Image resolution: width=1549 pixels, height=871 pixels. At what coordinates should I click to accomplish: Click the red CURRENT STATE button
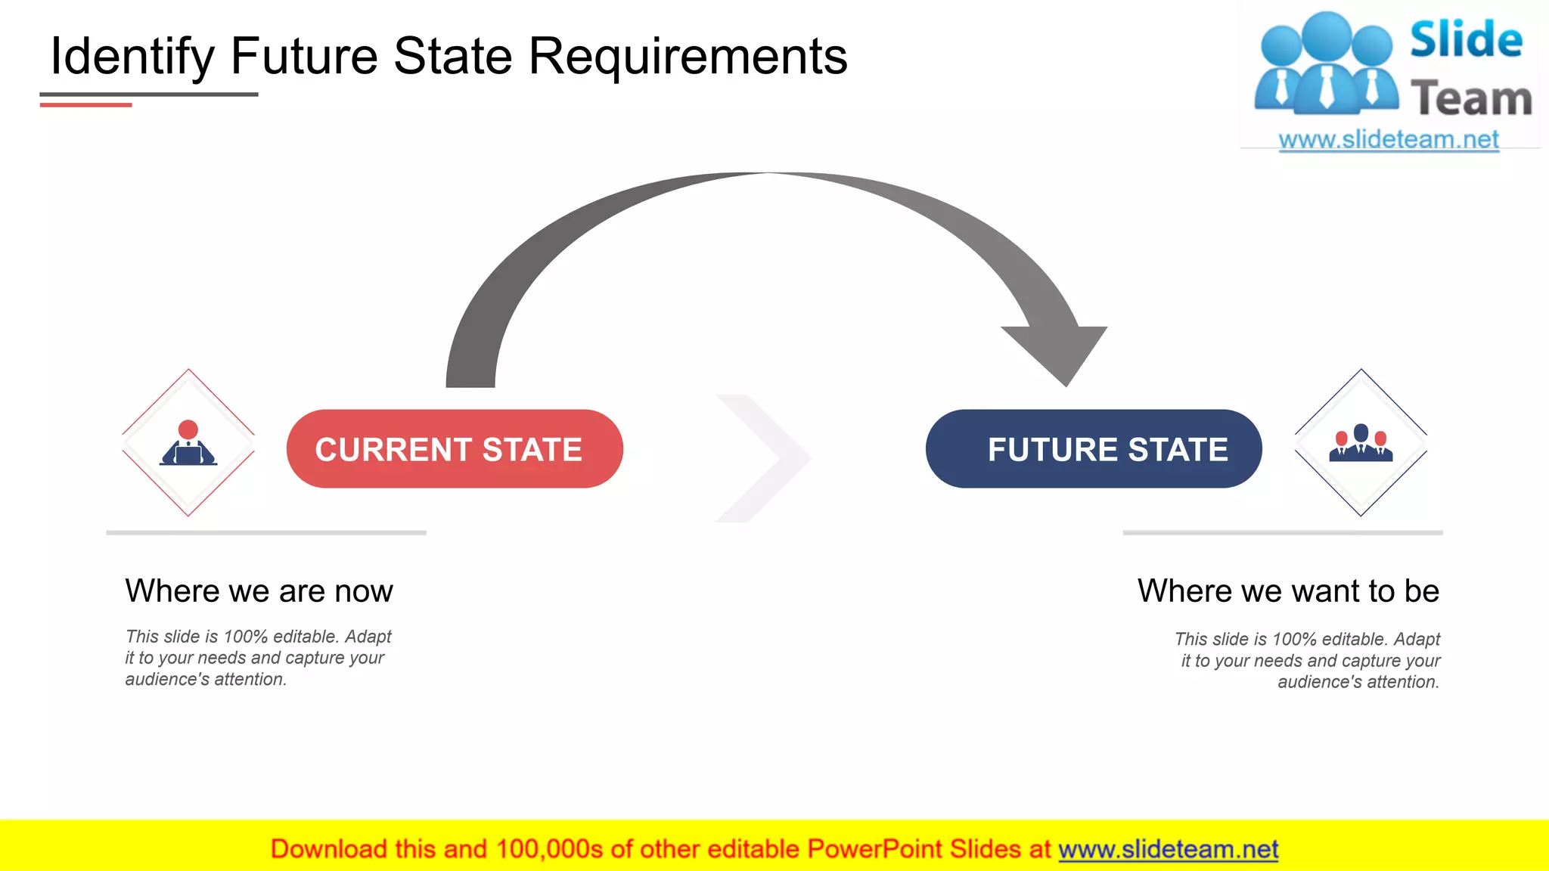pyautogui.click(x=454, y=449)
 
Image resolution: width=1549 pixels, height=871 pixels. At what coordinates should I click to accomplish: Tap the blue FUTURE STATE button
pyautogui.click(x=1094, y=449)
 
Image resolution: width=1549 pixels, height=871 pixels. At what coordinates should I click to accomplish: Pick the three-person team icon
pyautogui.click(x=1361, y=443)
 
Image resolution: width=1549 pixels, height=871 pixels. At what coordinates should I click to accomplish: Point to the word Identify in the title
pyautogui.click(x=132, y=57)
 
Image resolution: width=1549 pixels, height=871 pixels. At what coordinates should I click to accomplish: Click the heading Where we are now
pyautogui.click(x=259, y=590)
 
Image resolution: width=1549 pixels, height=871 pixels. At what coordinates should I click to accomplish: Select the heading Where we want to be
pyautogui.click(x=1288, y=590)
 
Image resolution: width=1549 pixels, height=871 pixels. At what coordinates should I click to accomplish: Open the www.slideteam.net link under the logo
pyautogui.click(x=1388, y=140)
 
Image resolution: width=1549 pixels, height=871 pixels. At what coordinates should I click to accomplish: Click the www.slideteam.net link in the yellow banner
pyautogui.click(x=1168, y=849)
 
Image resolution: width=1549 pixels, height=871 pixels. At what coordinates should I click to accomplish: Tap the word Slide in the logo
pyautogui.click(x=1466, y=39)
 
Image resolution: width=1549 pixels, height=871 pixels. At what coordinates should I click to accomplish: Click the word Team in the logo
pyautogui.click(x=1471, y=99)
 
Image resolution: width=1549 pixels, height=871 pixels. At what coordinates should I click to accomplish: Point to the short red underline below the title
pyautogui.click(x=85, y=105)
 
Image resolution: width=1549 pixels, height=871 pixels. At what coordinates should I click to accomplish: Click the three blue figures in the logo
pyautogui.click(x=1326, y=64)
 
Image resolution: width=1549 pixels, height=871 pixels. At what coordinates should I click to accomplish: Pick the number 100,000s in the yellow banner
pyautogui.click(x=549, y=849)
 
